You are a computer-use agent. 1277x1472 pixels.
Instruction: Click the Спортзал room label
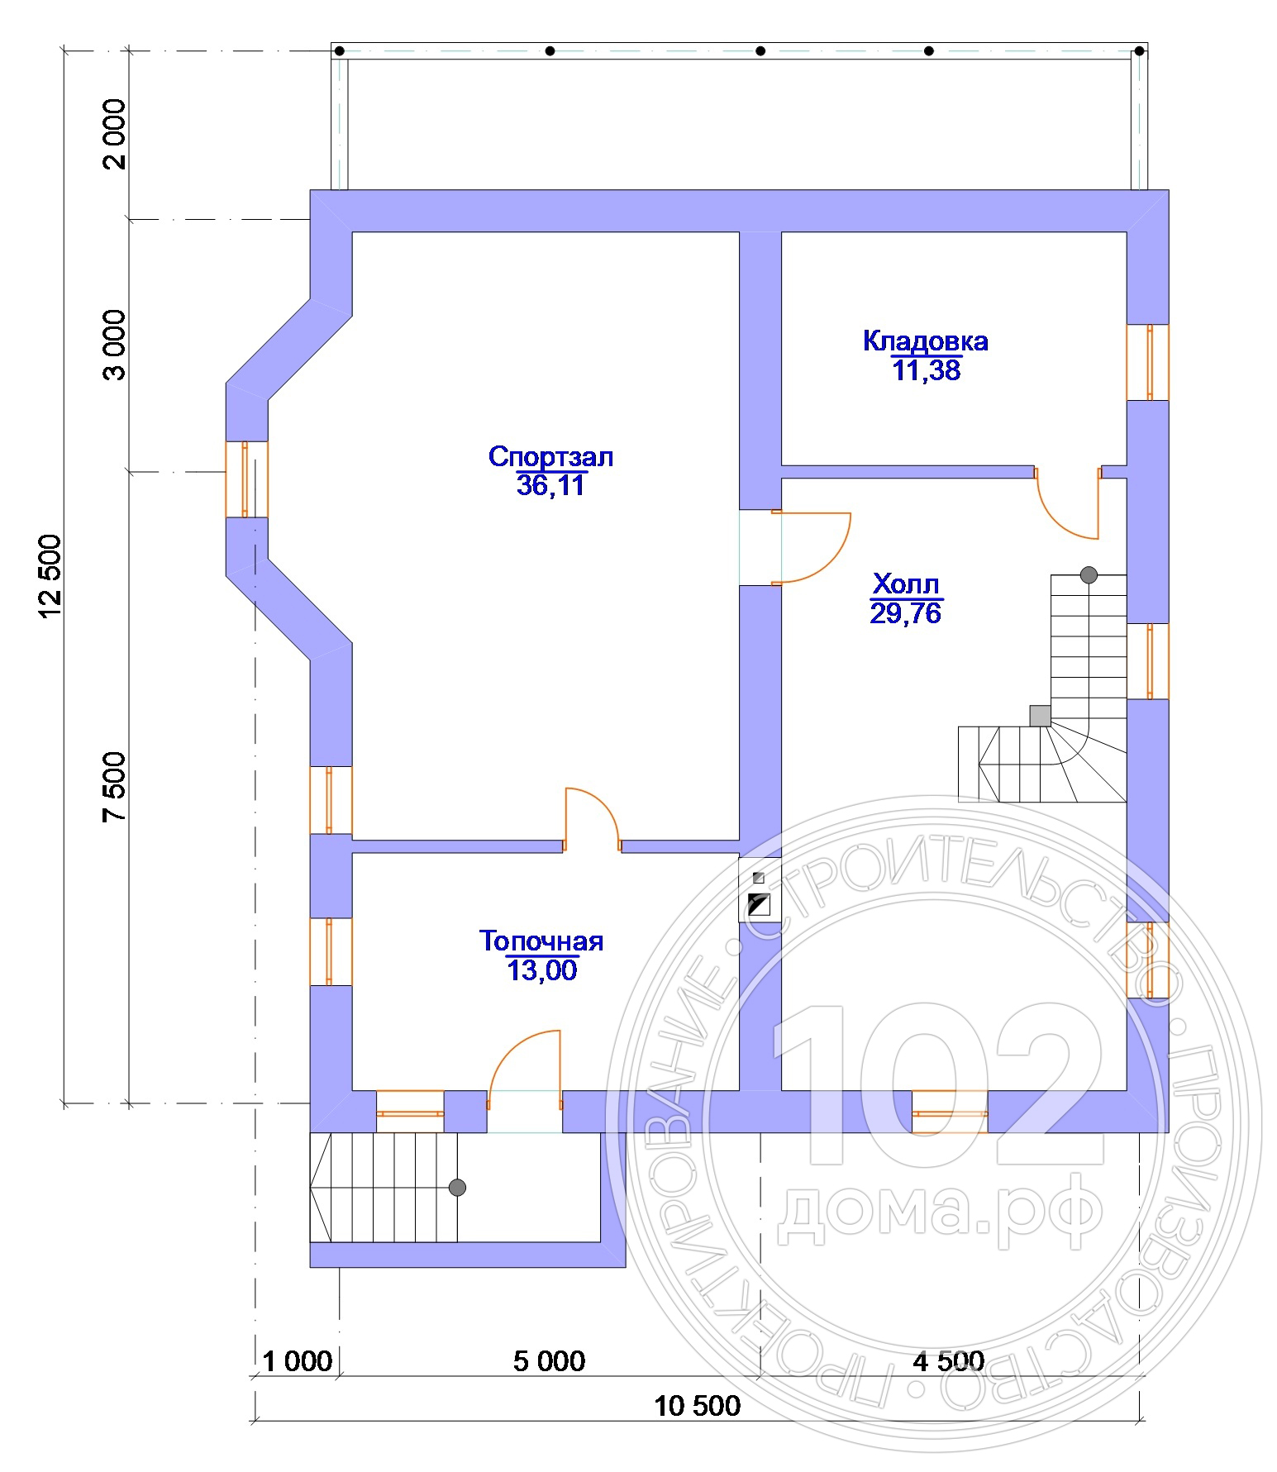point(550,457)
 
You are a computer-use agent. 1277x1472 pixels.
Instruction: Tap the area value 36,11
point(550,485)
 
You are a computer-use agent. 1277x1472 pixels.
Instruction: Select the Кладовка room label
point(926,341)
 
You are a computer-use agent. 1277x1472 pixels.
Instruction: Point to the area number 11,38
point(927,370)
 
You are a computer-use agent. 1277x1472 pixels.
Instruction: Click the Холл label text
point(907,585)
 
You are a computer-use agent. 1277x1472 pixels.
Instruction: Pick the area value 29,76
point(906,613)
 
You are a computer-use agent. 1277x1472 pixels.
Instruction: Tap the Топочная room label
point(541,941)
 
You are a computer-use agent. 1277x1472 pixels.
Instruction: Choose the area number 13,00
point(542,970)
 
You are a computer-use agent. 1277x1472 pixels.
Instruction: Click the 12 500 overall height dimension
point(50,577)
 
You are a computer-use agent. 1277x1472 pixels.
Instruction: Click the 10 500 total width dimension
point(698,1405)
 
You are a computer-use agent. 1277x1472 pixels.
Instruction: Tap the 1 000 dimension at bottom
point(298,1361)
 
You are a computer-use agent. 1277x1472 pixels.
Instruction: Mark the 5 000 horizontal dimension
point(549,1361)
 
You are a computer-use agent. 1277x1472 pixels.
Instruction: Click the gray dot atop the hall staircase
point(1089,575)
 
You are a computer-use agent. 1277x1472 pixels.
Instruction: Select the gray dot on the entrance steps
point(457,1188)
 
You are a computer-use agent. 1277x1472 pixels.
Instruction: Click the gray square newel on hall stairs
point(1040,716)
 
